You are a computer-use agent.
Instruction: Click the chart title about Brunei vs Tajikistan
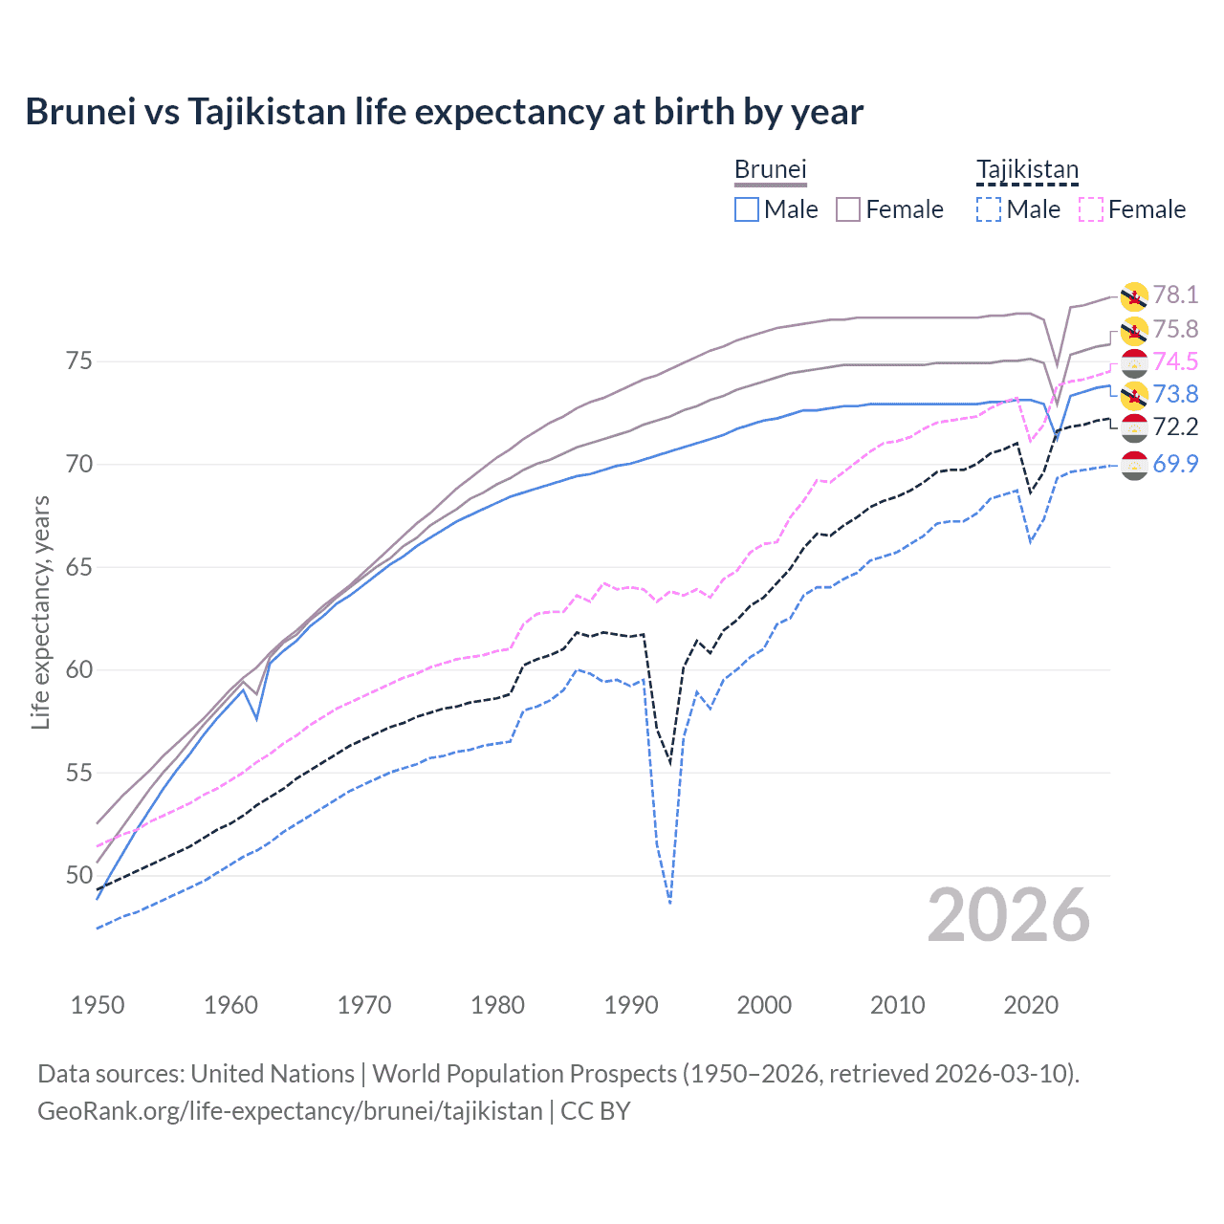[444, 112]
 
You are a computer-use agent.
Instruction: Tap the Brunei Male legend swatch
[747, 209]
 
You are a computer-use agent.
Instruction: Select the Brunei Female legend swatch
[848, 209]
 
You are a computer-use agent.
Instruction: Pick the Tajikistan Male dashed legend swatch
[989, 209]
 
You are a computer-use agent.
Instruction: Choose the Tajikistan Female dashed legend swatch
[1090, 209]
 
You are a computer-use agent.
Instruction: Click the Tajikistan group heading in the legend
[1027, 170]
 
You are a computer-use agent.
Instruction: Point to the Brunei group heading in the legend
[770, 170]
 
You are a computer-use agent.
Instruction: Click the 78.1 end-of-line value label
[1175, 295]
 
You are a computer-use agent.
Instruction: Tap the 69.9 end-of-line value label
[1175, 464]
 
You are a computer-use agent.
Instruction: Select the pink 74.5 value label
[1175, 361]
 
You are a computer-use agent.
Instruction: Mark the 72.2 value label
[1175, 426]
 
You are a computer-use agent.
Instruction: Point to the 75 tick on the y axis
[79, 361]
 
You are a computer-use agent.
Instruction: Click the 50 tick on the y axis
[79, 875]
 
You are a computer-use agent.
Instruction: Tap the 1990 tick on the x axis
[631, 1005]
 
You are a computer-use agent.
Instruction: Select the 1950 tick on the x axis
[98, 1005]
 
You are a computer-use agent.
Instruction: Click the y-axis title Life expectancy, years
[40, 612]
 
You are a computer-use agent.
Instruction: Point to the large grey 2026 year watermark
[1009, 916]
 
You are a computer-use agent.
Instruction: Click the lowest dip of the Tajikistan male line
[670, 903]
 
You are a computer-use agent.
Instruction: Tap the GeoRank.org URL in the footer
[290, 1111]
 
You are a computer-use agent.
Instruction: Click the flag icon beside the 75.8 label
[1134, 331]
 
